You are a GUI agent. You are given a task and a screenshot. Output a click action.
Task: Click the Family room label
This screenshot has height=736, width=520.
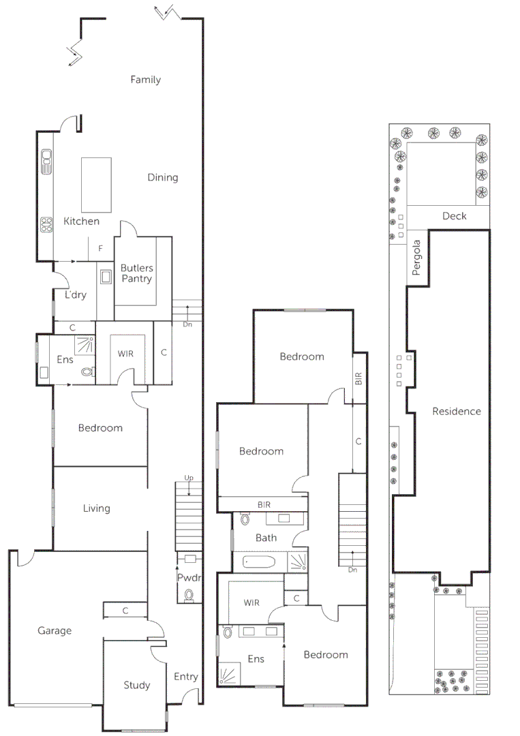tap(145, 80)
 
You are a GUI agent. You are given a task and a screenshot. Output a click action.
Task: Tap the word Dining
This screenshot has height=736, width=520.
tap(163, 177)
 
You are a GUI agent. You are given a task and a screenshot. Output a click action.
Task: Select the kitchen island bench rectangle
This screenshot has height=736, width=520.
tap(96, 185)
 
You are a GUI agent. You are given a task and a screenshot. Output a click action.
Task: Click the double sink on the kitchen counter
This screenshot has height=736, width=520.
tap(46, 162)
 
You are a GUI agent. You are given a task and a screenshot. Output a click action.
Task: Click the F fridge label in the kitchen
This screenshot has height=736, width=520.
tap(100, 249)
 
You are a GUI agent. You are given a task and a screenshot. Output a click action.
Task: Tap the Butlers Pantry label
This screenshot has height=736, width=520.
tap(136, 273)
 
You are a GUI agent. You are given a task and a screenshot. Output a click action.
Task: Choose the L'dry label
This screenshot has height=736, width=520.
tap(75, 295)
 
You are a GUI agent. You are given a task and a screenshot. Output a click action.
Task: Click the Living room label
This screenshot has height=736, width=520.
tap(96, 508)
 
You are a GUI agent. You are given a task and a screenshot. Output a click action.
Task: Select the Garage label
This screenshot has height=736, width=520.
tap(55, 631)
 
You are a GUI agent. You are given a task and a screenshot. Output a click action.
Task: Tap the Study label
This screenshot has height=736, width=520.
tap(136, 686)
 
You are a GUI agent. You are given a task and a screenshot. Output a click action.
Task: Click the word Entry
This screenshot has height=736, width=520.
tap(185, 677)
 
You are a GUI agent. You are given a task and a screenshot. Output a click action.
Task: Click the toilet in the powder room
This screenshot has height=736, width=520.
tap(189, 596)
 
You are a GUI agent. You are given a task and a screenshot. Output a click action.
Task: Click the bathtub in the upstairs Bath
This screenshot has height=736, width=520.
tap(257, 563)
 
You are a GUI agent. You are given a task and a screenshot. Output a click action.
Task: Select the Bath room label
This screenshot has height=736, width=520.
tap(266, 538)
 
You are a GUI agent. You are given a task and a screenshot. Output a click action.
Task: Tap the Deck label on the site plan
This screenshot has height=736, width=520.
tap(454, 216)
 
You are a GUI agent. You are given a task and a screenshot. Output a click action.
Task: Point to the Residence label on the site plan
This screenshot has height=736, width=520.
tap(456, 411)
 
